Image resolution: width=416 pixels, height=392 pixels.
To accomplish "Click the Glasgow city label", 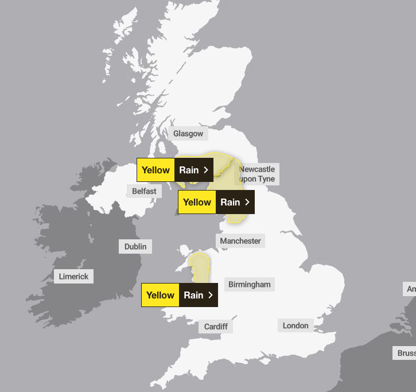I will coord(188,134).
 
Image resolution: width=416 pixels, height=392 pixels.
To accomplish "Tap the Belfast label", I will coord(144,191).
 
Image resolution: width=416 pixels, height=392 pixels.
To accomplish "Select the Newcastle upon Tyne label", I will coord(257,174).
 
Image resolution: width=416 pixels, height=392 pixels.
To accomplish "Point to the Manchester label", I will coord(240,241).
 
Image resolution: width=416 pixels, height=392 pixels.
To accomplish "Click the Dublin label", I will coord(135,247).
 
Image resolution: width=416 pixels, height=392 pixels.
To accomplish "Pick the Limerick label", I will coord(74,277).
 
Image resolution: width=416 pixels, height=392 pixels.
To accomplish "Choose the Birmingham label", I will coord(249,285).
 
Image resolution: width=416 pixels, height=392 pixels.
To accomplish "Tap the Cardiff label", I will coord(216,327).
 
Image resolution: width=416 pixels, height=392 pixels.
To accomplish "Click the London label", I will coord(296,325).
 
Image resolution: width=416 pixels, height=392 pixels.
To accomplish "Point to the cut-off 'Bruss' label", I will coord(406,353).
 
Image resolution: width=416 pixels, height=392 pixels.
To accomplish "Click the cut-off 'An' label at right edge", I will coord(410,289).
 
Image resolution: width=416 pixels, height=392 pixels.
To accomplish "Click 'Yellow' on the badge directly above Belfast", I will coord(155,170).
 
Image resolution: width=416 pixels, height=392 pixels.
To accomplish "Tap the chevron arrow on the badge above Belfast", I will coord(206,170).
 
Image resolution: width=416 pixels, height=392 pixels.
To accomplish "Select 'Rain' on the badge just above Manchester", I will coord(230,202).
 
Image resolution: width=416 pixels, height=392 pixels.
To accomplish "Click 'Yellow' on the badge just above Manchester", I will coord(197,202).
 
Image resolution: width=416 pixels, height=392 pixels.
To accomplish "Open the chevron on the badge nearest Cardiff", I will coord(211,295).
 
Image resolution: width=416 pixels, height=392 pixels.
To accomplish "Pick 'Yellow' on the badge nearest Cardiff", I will coord(160,295).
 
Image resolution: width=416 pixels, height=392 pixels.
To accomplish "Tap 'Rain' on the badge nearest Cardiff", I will coord(193,295).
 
